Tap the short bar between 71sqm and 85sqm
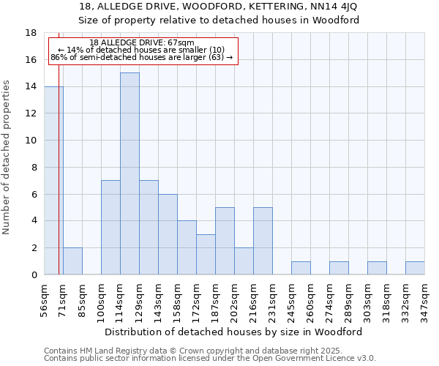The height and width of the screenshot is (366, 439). [72, 261]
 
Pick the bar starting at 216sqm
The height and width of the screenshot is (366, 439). [263, 241]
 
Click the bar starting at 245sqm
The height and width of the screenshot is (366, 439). [301, 268]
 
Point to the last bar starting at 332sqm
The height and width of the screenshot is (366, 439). [415, 268]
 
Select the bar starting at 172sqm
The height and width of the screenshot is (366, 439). [206, 254]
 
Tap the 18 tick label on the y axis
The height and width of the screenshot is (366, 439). [31, 33]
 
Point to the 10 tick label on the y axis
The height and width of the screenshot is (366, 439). [31, 141]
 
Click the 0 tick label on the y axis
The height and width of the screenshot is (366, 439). [34, 274]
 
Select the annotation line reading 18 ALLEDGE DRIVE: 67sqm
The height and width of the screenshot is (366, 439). [142, 43]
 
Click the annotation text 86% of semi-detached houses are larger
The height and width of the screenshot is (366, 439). [142, 56]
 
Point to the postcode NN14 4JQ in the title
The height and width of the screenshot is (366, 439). [334, 7]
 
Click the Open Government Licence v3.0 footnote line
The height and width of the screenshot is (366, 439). [210, 359]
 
